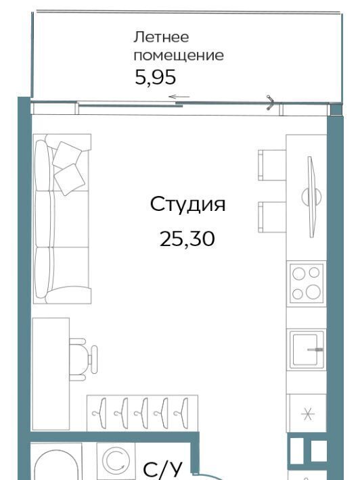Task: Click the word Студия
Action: tap(188, 205)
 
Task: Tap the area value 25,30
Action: tap(187, 239)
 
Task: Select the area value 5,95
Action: tap(156, 78)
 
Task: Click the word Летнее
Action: tap(161, 37)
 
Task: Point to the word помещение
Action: tap(179, 55)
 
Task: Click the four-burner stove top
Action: tap(307, 283)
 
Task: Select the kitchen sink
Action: tap(307, 350)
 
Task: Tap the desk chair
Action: tap(83, 360)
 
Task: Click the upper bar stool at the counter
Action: tap(272, 165)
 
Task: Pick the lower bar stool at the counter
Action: tap(272, 217)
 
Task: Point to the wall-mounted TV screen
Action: tap(312, 197)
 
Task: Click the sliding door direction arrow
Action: tap(179, 97)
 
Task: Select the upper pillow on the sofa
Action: tap(67, 155)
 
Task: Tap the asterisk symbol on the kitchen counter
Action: tap(308, 414)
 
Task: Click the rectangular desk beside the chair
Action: tap(51, 374)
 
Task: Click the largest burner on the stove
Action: tap(313, 292)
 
